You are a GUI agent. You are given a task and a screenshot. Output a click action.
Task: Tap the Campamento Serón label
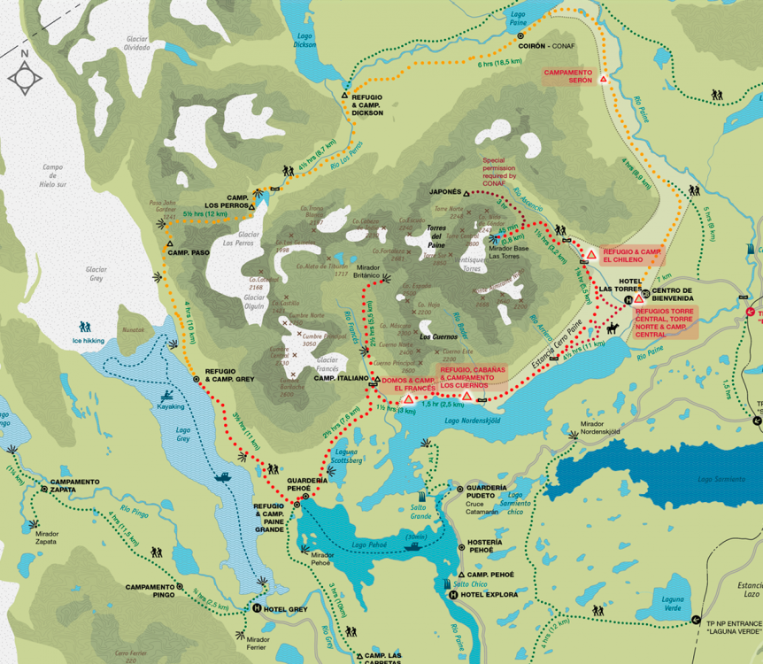click(x=567, y=77)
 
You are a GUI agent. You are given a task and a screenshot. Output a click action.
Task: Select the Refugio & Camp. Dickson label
click(x=367, y=106)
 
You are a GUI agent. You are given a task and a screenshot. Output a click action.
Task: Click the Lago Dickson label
click(x=304, y=40)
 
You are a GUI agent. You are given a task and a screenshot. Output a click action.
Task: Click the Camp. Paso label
click(x=189, y=252)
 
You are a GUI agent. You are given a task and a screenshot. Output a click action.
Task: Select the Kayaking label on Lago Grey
click(x=171, y=406)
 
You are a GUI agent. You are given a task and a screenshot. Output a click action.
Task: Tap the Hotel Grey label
click(x=285, y=609)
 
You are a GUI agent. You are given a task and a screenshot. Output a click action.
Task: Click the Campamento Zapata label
click(x=75, y=486)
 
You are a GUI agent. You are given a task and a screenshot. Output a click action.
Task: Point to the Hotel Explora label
click(x=489, y=595)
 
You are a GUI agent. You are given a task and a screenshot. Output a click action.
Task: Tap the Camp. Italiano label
click(x=341, y=378)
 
